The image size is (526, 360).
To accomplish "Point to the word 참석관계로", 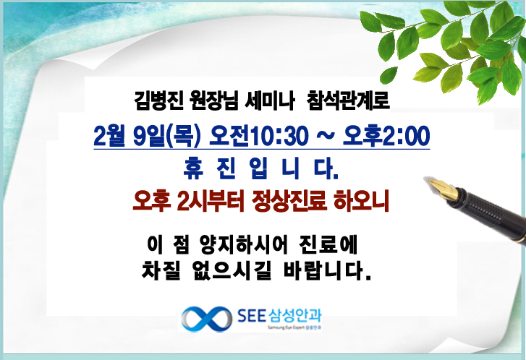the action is click(x=348, y=100).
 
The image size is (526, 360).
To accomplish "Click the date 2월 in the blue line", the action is click(x=107, y=136).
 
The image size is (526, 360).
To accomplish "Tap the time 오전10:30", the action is click(x=258, y=136).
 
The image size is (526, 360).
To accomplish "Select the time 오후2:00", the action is click(x=386, y=136).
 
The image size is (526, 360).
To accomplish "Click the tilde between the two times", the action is click(x=325, y=135).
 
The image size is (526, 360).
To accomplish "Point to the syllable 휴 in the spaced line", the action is click(x=194, y=168).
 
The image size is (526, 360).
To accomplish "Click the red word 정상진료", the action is click(x=289, y=201).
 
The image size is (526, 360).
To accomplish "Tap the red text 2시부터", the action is click(x=211, y=201).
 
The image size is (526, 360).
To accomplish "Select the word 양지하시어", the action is click(x=244, y=245).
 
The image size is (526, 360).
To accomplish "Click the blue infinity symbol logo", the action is click(x=207, y=319).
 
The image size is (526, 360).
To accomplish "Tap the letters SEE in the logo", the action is click(x=252, y=315).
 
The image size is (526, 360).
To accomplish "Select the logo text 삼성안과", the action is click(x=295, y=315).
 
